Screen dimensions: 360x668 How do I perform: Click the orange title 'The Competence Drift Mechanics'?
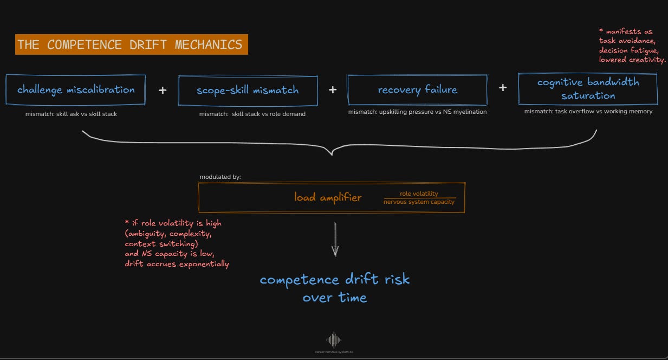131,44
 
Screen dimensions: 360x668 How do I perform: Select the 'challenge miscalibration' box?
76,89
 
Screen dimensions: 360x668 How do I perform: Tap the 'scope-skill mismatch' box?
248,90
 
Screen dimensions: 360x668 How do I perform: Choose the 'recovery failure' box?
417,89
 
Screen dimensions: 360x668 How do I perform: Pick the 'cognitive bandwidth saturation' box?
588,89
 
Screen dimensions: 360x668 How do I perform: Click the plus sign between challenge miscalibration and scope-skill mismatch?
163,90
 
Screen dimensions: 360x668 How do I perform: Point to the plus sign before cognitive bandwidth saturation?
503,87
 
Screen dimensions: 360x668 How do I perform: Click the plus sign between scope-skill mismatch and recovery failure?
333,89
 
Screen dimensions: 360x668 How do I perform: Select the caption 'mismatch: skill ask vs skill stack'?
71,114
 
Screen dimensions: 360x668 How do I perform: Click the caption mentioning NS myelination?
417,112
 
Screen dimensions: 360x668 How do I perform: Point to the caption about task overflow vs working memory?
588,111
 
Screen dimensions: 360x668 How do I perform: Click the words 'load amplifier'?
328,197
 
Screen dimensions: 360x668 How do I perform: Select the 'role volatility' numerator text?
419,194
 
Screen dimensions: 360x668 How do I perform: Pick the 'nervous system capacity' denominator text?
419,202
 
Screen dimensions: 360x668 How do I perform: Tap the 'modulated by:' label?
220,177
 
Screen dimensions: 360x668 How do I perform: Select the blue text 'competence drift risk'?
335,280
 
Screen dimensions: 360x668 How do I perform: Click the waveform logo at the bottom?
334,340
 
